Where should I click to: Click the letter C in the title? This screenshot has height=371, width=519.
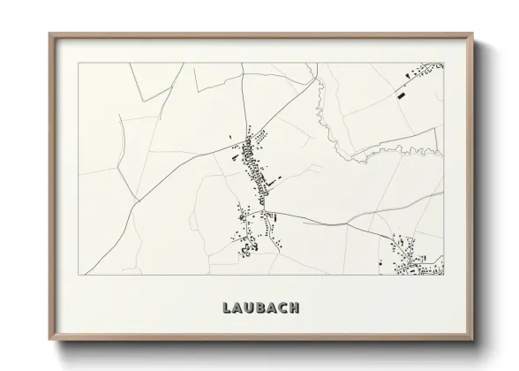click(284, 308)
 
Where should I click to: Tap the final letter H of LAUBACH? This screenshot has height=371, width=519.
click(297, 308)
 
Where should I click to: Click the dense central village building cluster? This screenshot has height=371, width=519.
click(259, 163)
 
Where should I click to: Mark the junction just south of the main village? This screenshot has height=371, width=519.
click(264, 212)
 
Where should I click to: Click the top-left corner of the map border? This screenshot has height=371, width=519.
click(79, 64)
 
